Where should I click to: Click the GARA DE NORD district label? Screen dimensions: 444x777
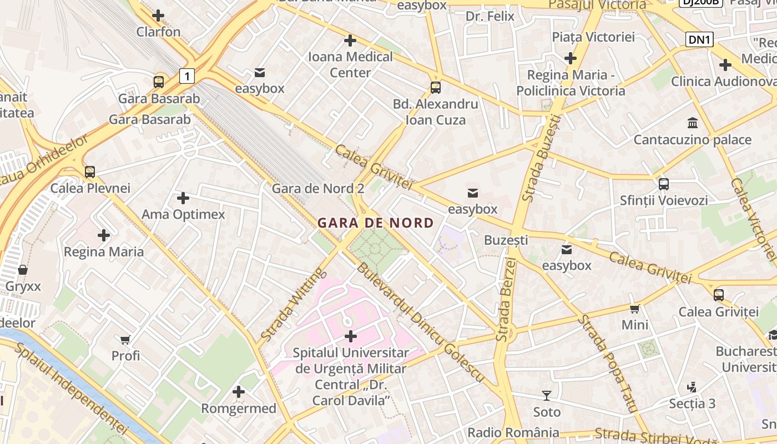[x=375, y=223]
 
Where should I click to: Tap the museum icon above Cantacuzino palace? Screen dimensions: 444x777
[x=693, y=123]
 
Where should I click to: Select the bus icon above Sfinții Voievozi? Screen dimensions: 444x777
[x=663, y=184]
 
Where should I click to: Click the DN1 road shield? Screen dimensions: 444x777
[x=699, y=39]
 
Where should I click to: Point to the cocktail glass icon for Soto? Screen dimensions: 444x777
[x=547, y=396]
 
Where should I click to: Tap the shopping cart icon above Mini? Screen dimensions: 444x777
[x=635, y=308]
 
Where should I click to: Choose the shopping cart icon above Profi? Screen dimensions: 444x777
[x=125, y=339]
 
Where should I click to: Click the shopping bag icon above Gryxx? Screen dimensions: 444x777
[x=23, y=270]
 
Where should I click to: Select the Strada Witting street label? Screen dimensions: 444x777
[x=292, y=304]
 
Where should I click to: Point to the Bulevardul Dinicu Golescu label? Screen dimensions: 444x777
[x=420, y=323]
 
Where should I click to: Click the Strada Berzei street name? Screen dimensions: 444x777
[x=506, y=299]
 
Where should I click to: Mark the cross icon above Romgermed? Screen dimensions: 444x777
[x=239, y=392]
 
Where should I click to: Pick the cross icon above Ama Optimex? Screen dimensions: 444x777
[x=183, y=198]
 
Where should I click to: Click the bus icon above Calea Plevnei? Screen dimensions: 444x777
[x=90, y=171]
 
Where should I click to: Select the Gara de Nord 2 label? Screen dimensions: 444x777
[x=317, y=189]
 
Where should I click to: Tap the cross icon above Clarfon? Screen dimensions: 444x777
[x=158, y=16]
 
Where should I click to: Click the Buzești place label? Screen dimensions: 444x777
[x=506, y=240]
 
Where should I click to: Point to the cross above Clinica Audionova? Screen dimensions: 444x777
[x=725, y=65]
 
